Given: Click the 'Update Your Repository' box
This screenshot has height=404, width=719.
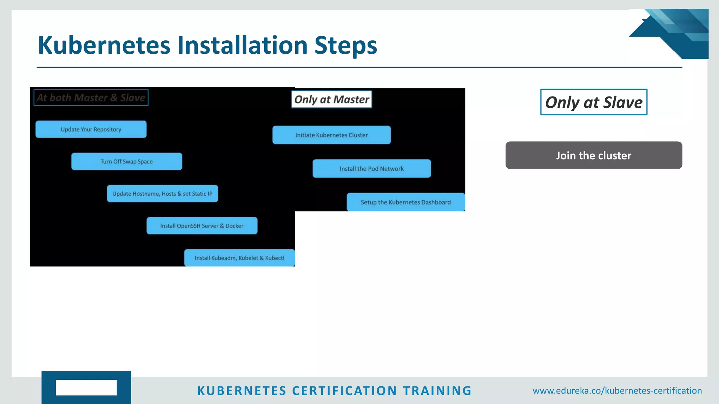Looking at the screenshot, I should (x=91, y=129).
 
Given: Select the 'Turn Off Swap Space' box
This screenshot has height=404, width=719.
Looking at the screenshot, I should (x=127, y=161).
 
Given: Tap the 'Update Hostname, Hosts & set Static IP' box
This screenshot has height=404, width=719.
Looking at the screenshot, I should (x=162, y=194).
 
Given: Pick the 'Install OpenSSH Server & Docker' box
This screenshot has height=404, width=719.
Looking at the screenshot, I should (x=202, y=226).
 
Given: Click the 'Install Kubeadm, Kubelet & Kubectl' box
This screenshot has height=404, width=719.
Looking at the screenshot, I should (x=239, y=258).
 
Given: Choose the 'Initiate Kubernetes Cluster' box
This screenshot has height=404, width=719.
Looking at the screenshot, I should (x=331, y=135).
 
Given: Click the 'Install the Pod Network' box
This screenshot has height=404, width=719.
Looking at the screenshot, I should (x=371, y=169).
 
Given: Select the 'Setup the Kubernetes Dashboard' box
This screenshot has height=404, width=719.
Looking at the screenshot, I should (x=405, y=202).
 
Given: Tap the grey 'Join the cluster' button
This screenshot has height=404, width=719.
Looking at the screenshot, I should (x=594, y=155).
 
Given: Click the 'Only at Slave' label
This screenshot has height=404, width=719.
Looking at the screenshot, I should (x=594, y=102).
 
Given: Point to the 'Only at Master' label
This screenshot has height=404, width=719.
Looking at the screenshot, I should (x=331, y=100).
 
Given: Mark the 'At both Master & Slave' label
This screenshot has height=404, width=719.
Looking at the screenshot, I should (x=91, y=97).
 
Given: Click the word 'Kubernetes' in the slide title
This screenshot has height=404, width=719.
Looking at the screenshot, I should (x=104, y=46).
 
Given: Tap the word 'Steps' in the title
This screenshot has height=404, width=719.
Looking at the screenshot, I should (x=346, y=46).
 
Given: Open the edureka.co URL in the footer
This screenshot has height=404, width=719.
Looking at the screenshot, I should (x=617, y=391).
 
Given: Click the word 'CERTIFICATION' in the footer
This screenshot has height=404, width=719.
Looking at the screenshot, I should (x=344, y=391).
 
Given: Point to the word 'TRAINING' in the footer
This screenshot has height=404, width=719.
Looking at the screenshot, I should (x=437, y=391).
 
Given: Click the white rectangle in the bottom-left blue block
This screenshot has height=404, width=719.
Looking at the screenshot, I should (x=86, y=388).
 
